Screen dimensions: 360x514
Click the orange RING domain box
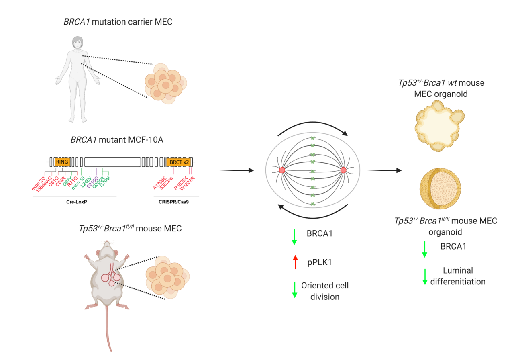[62, 162]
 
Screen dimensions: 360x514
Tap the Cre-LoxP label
[75, 202]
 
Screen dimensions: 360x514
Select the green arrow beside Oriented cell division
[294, 289]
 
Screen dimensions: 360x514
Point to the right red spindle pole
[343, 170]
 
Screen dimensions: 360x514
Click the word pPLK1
[319, 262]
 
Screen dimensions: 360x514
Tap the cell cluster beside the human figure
[166, 84]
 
